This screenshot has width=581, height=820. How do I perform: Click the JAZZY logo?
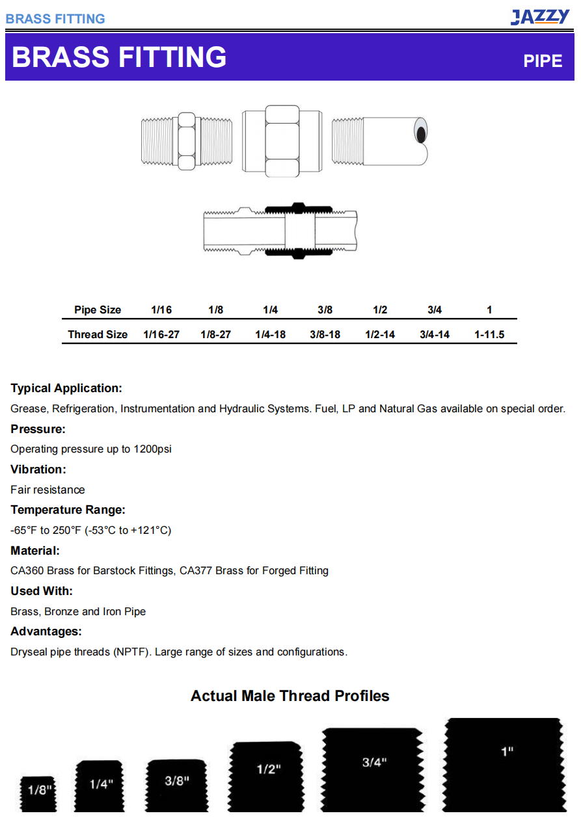tap(539, 17)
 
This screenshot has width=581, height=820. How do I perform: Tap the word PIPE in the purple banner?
tap(543, 60)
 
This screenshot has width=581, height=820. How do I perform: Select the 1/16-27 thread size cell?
tap(161, 334)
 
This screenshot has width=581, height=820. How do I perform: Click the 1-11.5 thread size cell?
tap(489, 334)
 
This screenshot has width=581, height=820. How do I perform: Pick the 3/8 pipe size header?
tap(325, 310)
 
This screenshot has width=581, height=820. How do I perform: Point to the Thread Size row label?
tap(98, 334)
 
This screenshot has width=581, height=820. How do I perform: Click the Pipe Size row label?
tap(98, 310)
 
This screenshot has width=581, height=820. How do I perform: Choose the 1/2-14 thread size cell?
tap(380, 334)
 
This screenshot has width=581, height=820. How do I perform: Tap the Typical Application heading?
tap(66, 388)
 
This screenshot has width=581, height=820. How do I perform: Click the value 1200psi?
tap(152, 449)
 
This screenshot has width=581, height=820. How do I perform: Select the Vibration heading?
tap(38, 470)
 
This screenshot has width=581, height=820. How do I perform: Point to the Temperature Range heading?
tap(68, 510)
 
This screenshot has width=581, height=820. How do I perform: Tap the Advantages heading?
tap(46, 631)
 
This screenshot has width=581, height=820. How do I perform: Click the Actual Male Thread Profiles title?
tap(290, 696)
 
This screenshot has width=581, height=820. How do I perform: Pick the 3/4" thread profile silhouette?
tap(373, 770)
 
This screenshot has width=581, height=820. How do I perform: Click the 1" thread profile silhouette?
tap(504, 765)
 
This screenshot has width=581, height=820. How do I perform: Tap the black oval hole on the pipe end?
tap(422, 135)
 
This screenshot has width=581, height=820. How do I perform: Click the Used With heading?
tap(42, 591)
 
